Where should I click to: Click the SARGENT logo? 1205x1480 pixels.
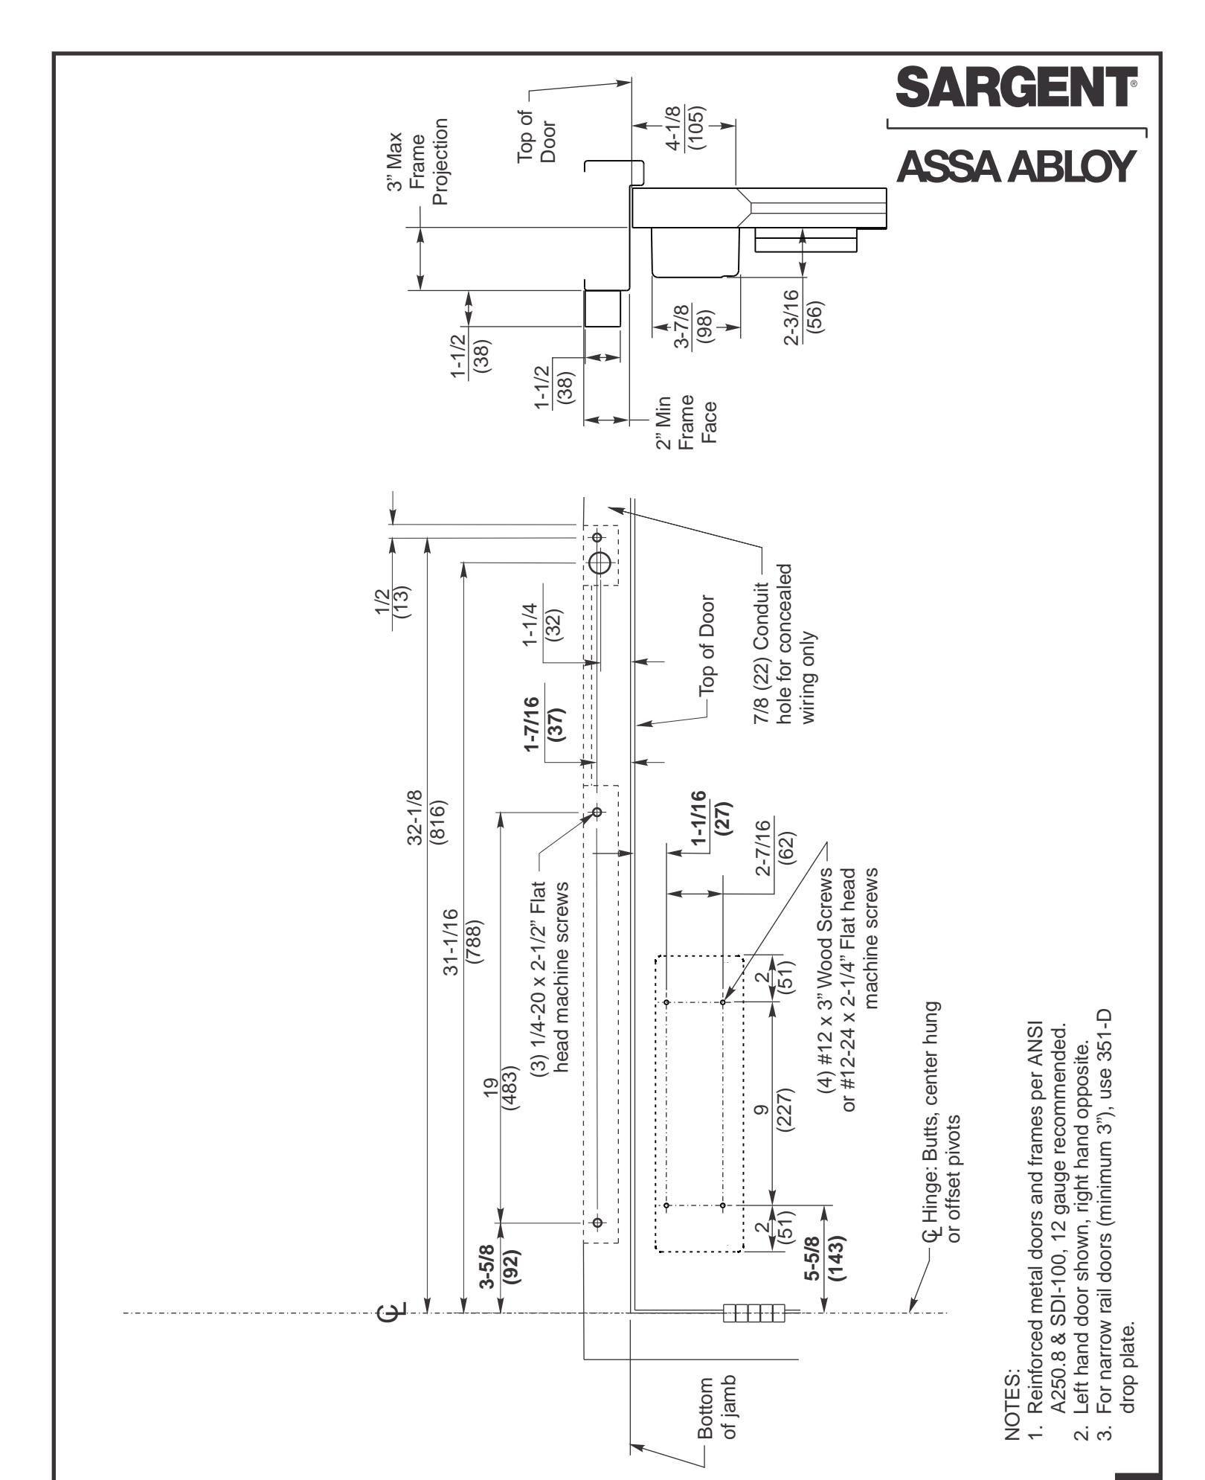pyautogui.click(x=1018, y=88)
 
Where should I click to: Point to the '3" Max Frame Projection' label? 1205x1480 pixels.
pyautogui.click(x=420, y=161)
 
